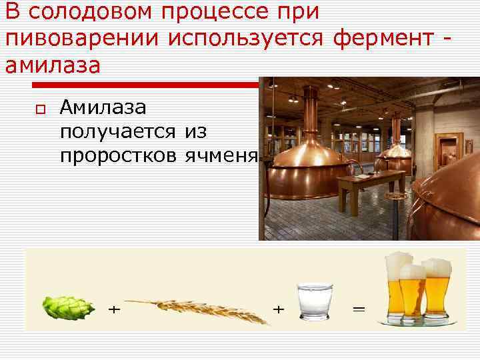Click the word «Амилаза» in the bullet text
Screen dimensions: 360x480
pos(107,107)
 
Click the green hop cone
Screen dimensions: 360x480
pos(61,307)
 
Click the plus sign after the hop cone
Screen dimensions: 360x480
pos(115,310)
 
